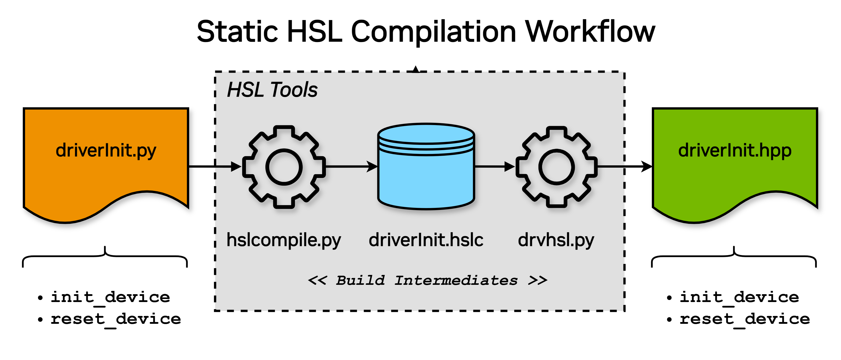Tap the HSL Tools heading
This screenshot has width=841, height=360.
click(x=272, y=90)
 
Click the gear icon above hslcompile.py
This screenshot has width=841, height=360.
click(x=284, y=167)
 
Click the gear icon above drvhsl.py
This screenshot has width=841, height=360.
click(x=556, y=167)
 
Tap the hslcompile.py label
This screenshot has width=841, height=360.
click(x=283, y=241)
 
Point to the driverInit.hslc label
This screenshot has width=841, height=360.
click(x=426, y=240)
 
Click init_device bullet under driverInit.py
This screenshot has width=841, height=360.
click(x=110, y=297)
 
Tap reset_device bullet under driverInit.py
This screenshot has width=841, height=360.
click(x=115, y=319)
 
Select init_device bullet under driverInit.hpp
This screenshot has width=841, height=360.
click(x=738, y=297)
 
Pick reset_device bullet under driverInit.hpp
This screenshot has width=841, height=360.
click(x=744, y=319)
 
